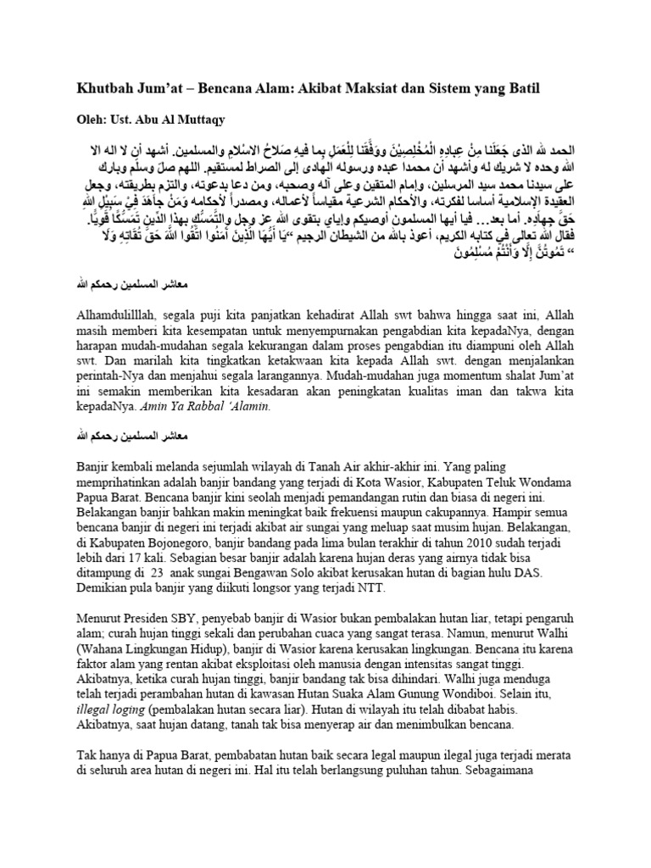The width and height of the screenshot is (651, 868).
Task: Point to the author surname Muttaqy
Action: tap(200, 119)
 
